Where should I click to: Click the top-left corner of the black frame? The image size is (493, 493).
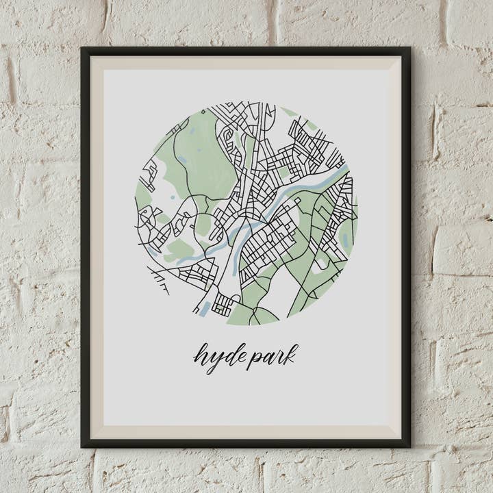(81, 48)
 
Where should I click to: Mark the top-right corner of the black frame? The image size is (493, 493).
(409, 48)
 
